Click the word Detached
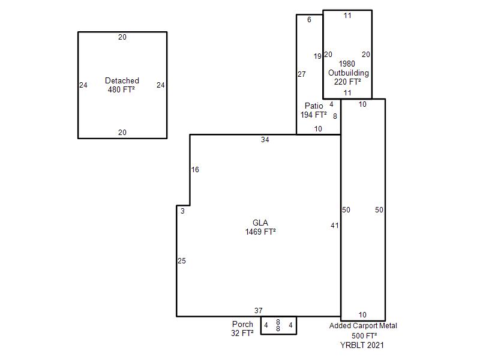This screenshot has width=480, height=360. pos(122,80)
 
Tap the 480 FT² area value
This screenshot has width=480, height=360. pos(121,89)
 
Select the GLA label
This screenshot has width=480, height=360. pos(260,223)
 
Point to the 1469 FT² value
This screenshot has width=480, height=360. pos(260,232)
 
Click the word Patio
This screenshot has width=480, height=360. pos(314,106)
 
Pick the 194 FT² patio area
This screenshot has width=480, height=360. pos(313,115)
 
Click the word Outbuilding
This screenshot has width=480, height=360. pos(349,73)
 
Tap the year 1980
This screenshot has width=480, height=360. pos(347,64)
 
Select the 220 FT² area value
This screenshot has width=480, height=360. pos(347,82)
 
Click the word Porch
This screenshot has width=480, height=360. pos(242,324)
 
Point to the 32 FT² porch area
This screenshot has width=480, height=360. pos(242,333)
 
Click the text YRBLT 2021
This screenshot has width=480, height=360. pos(362,346)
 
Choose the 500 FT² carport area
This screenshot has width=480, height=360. pos(364,336)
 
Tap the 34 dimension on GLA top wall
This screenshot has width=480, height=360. pos(265,140)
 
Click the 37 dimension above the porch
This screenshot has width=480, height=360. pos(259,311)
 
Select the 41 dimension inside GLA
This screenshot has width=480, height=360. pos(335,226)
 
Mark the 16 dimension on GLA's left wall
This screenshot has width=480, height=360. pos(195,170)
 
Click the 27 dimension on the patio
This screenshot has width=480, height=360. pos(302,74)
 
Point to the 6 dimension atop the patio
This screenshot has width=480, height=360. pos(309,20)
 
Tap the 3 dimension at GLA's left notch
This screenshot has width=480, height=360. pos(182,211)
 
